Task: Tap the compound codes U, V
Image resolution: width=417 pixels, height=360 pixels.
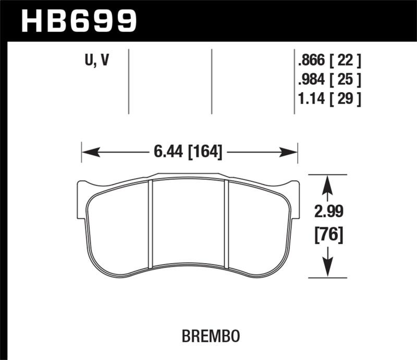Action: point(97,61)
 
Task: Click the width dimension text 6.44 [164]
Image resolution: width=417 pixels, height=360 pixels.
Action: point(188,152)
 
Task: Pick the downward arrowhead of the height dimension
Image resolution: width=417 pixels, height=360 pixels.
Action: point(326,268)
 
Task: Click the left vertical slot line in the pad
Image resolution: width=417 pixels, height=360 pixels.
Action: point(150,224)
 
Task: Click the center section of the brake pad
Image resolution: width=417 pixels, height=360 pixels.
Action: point(189,224)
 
